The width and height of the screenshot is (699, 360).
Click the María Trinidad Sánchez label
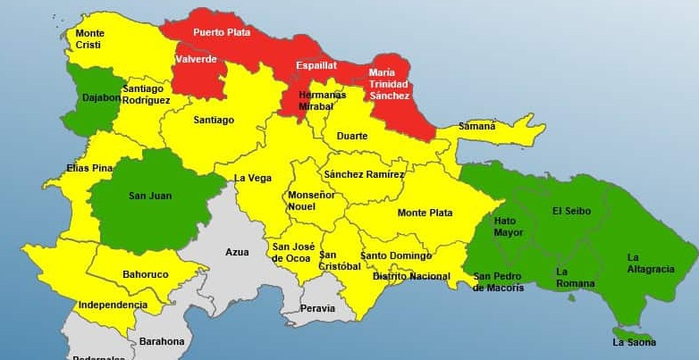tap(389, 84)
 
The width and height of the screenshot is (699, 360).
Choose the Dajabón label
tap(101, 97)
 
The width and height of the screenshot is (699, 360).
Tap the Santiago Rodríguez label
tap(147, 95)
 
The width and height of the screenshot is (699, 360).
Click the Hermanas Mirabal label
tap(323, 99)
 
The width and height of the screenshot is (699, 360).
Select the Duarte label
tap(351, 136)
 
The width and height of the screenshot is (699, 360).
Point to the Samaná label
tap(476, 126)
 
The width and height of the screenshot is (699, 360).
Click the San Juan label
tap(149, 196)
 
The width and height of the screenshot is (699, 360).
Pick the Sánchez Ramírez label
tap(364, 174)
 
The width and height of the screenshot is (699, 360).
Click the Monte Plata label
tap(425, 213)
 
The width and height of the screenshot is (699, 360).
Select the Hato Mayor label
tap(509, 226)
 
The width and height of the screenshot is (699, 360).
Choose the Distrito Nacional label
tap(410, 276)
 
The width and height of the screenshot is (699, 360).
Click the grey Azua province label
tap(237, 252)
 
